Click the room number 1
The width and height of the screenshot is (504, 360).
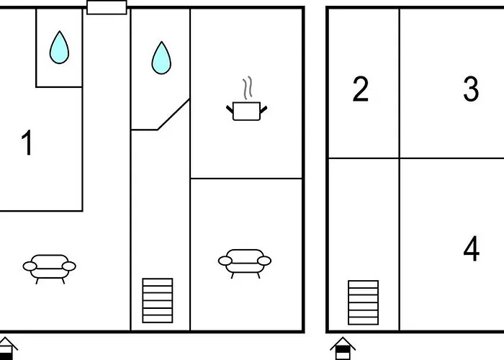click(27, 143)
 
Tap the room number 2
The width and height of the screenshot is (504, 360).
click(360, 89)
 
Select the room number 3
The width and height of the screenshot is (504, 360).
click(471, 89)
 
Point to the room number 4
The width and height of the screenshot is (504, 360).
click(471, 248)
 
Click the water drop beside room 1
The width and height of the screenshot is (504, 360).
click(59, 48)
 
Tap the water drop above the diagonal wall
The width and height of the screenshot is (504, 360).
click(161, 58)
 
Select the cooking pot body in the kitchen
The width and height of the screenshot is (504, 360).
click(246, 111)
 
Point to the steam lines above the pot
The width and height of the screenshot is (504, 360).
click(247, 87)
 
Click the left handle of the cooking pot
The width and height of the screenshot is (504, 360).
click(230, 109)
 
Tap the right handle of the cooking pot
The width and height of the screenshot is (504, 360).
click(264, 109)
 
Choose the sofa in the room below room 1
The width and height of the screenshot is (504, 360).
click(49, 269)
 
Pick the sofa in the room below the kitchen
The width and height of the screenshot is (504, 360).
click(245, 264)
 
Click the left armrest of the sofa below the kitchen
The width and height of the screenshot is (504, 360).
click(225, 261)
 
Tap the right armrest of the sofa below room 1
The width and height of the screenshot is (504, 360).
click(69, 266)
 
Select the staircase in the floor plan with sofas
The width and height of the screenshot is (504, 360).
click(158, 300)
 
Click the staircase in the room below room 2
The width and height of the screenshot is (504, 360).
click(363, 302)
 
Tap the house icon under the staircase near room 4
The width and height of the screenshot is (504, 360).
click(343, 348)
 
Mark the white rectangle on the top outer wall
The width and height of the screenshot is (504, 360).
click(107, 7)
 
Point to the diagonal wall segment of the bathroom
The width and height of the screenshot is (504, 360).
click(174, 114)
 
